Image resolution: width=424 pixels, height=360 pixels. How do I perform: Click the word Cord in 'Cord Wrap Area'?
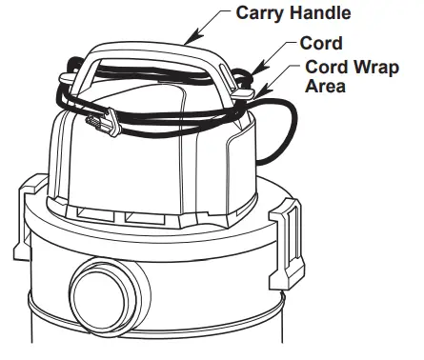coord(325,67)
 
